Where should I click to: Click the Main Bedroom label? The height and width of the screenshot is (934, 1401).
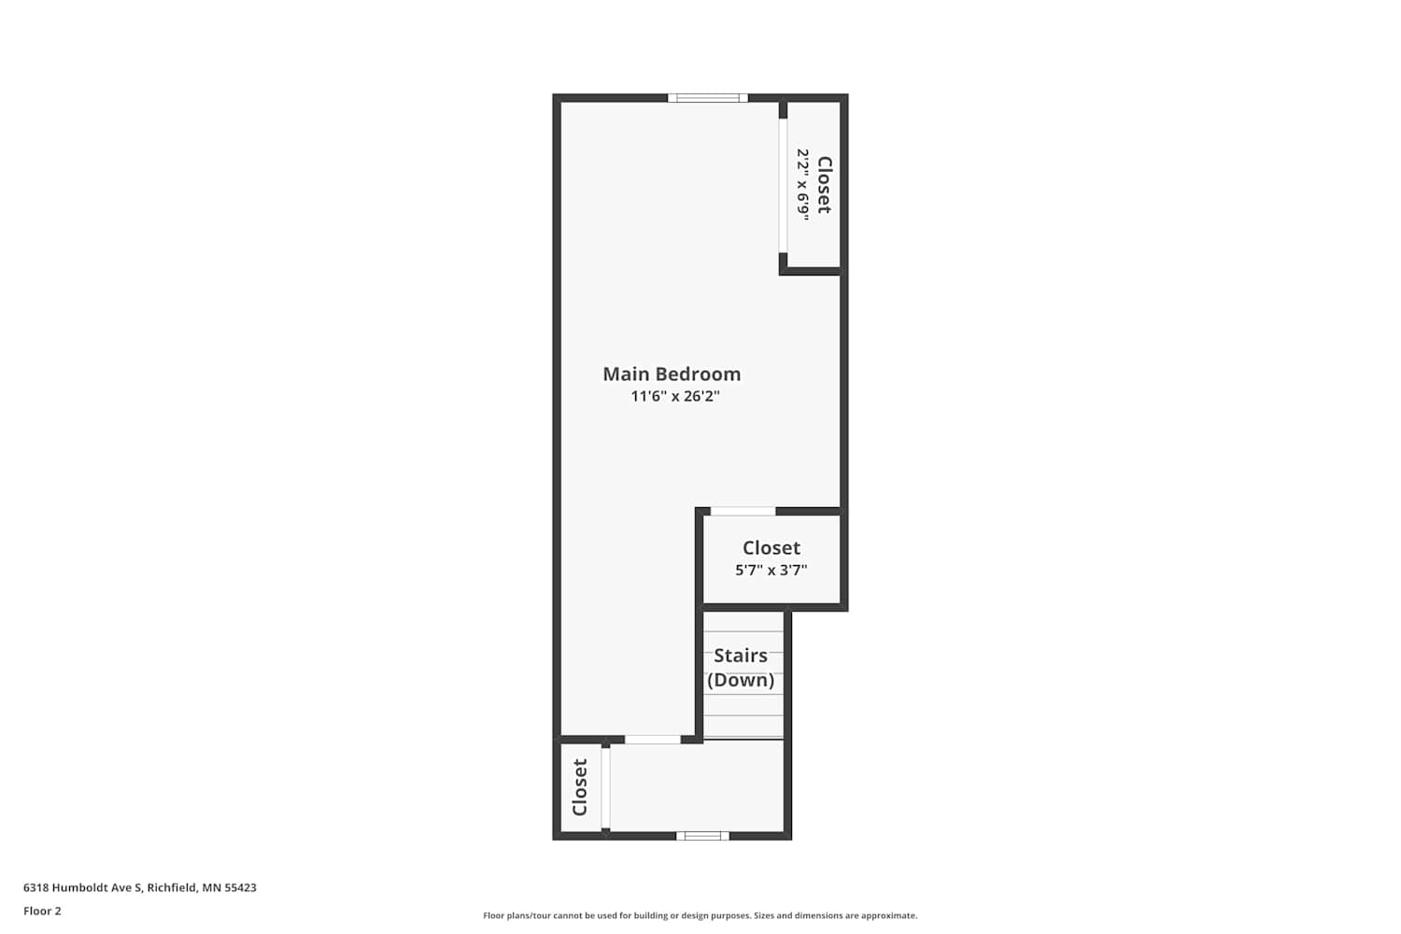[x=672, y=375]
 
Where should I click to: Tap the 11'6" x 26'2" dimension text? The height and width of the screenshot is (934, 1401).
[x=675, y=396]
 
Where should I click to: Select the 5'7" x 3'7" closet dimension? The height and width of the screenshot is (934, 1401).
[x=771, y=570]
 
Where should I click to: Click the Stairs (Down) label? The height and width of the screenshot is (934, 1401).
[x=741, y=668]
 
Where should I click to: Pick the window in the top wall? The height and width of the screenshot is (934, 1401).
[x=707, y=97]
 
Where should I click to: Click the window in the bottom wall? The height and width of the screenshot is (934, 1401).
[x=702, y=836]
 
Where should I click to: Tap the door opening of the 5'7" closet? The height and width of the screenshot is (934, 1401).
[x=743, y=511]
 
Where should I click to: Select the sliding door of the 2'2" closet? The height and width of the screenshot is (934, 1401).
[x=783, y=185]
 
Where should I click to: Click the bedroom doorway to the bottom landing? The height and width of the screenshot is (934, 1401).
[x=652, y=740]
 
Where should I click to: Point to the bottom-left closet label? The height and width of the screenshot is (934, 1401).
[x=580, y=787]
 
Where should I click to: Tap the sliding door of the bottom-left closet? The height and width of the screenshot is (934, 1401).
[x=605, y=787]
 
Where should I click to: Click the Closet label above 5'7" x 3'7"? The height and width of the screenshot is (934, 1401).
[x=771, y=548]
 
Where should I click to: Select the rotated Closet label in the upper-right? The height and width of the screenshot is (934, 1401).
[x=825, y=185]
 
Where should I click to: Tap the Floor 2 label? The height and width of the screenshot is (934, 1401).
[x=43, y=911]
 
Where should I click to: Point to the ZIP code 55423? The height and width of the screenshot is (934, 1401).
[x=240, y=887]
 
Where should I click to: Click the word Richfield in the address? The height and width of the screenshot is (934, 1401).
[x=171, y=887]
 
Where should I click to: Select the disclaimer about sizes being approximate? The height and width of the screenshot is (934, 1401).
[x=700, y=915]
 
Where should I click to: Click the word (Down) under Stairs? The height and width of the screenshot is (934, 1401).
[x=741, y=680]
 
